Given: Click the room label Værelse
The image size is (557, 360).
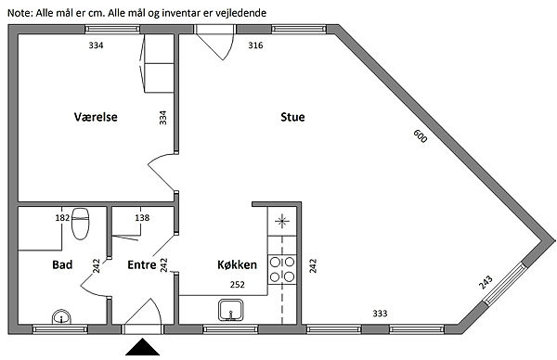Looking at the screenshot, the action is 96,117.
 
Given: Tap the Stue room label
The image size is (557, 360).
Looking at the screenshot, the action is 292,117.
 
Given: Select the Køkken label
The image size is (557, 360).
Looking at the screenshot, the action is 237,264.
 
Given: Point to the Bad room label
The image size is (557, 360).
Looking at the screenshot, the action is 62,264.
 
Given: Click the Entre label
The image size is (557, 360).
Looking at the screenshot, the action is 142,264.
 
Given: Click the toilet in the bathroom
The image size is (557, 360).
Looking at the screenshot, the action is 80,224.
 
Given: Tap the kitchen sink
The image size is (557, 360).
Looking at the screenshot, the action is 231,310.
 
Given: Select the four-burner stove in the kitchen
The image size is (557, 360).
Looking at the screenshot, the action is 282,269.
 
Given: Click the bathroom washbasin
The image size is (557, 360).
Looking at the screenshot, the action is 61,317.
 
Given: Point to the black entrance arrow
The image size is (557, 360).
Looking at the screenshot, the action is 142,347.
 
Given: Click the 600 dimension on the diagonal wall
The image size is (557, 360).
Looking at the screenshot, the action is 421,136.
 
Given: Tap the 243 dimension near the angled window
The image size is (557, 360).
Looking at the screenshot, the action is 486,282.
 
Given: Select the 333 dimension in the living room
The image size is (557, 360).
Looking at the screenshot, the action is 380,313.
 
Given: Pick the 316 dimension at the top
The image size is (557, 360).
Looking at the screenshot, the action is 256,45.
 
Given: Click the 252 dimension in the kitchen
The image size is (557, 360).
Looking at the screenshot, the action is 238,284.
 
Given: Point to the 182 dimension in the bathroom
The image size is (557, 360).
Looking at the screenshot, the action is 62,217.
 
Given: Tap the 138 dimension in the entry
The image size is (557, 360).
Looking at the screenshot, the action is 142,217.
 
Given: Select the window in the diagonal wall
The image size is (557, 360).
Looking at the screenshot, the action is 504,283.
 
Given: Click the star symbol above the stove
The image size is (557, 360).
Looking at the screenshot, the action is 282,222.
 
